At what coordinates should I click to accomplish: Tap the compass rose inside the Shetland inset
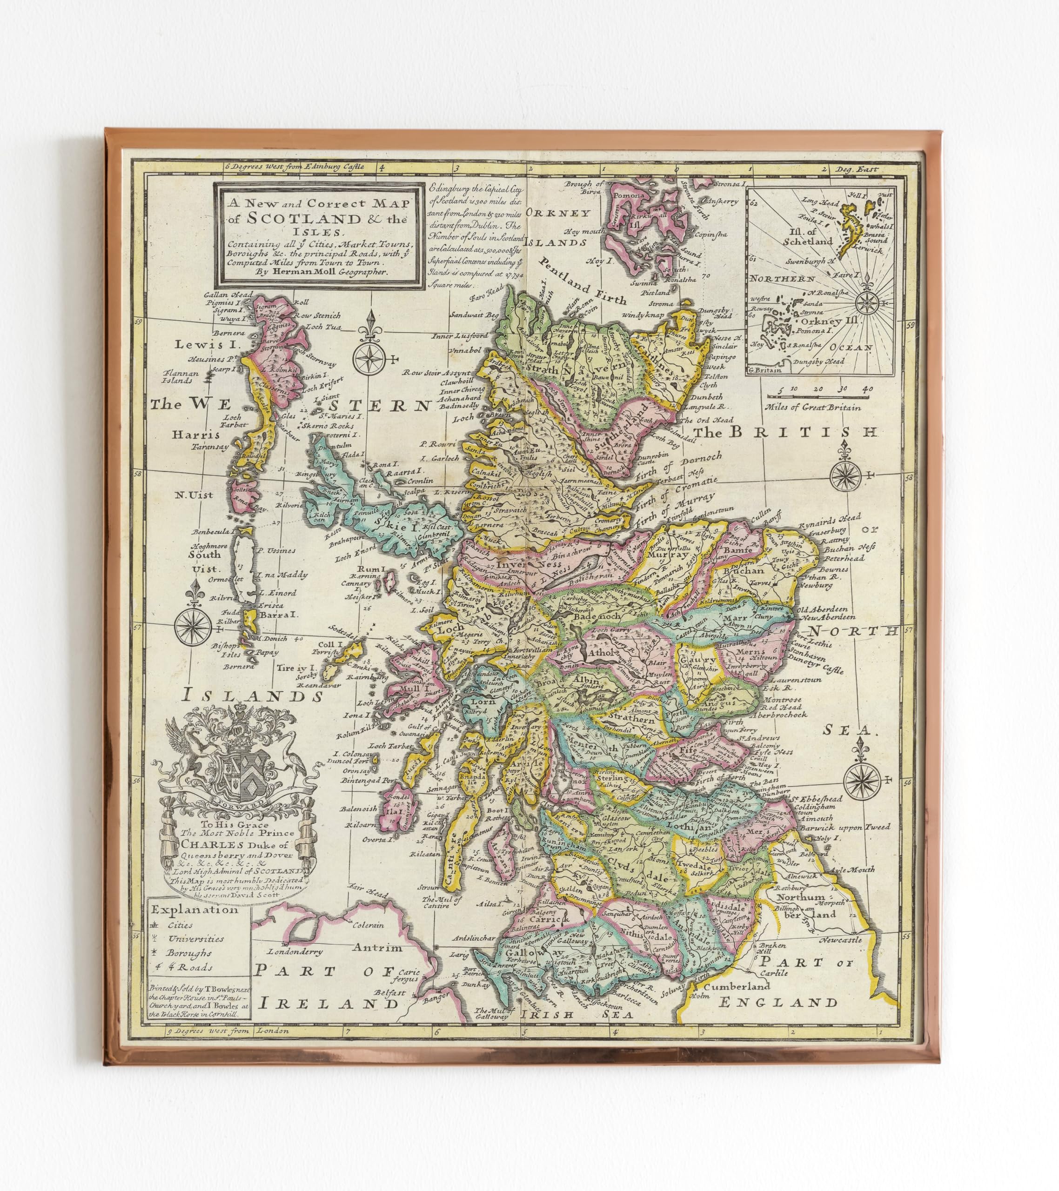click(x=867, y=302)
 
